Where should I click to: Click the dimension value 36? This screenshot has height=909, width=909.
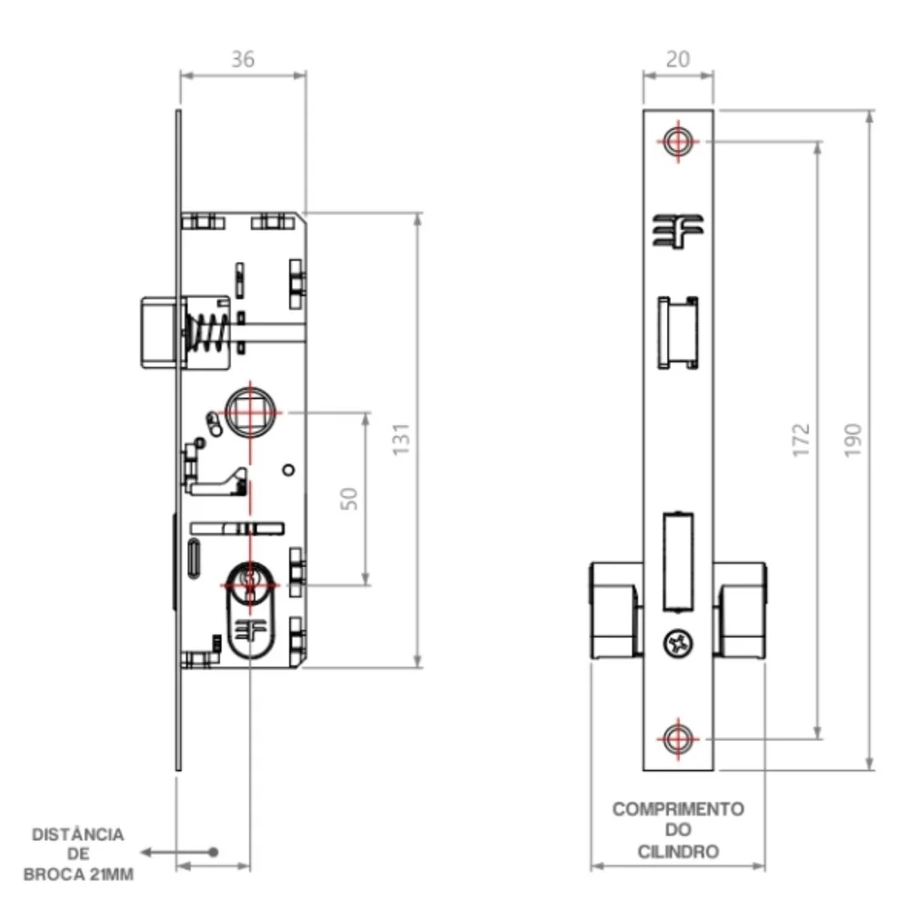243,59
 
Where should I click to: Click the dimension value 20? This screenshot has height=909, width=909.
678,59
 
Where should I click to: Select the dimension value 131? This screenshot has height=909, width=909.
401,439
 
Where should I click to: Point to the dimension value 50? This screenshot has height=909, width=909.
348,498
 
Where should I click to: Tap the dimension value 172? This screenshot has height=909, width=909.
801,440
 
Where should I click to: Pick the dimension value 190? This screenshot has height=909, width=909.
853,440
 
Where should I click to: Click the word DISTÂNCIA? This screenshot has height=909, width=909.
77,834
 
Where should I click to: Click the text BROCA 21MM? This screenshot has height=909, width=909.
78,874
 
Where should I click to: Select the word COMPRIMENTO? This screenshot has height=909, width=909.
678,809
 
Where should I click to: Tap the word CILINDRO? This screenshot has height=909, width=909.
678,852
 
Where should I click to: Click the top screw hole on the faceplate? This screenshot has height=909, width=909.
678,141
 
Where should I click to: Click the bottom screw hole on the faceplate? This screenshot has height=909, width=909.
678,739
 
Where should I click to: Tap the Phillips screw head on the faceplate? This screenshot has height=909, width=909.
678,643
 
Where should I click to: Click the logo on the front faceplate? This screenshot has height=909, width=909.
678,231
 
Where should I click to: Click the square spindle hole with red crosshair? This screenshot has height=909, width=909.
250,412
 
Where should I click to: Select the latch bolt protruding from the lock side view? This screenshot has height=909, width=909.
159,332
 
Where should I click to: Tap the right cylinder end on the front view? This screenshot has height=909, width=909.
740,610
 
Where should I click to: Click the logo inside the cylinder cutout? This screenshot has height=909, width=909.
250,630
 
